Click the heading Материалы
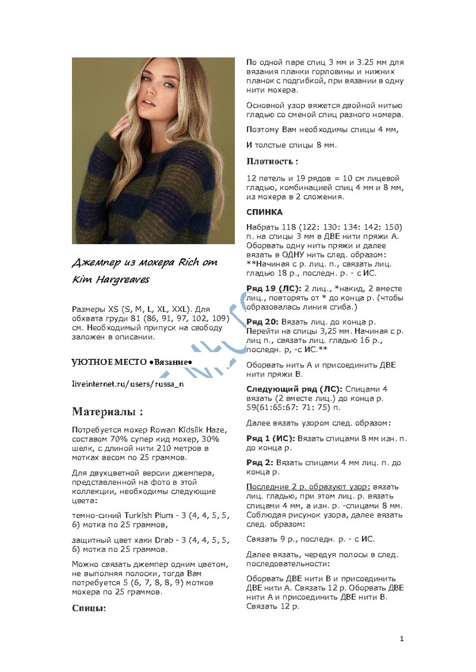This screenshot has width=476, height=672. [x=107, y=412]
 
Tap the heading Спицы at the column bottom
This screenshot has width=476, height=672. [x=89, y=608]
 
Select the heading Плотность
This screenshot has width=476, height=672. [x=272, y=161]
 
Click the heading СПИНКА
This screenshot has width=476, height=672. [x=265, y=212]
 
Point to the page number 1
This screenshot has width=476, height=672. [x=402, y=639]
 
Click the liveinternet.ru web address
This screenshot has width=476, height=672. [x=127, y=384]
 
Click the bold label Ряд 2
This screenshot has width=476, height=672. [x=260, y=462]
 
